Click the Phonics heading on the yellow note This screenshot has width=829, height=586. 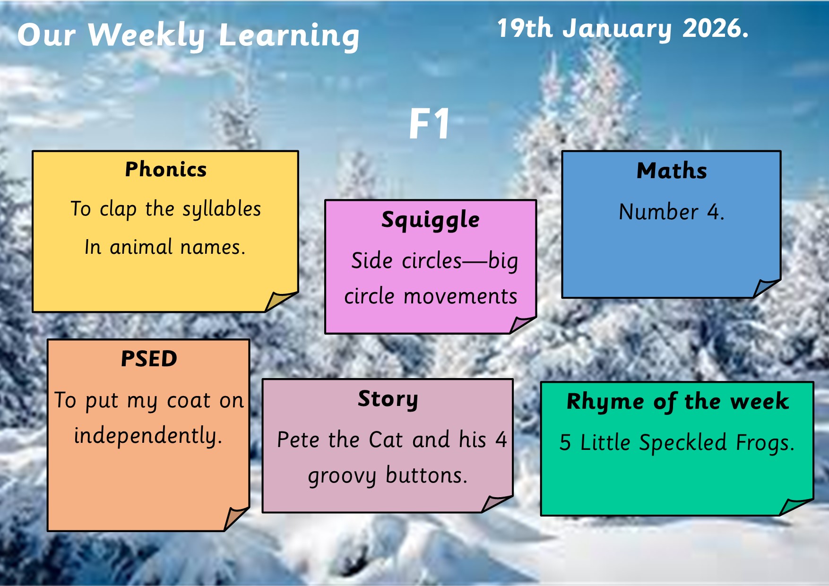(166, 169)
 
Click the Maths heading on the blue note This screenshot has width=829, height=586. (672, 171)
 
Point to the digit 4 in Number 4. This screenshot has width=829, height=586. (713, 212)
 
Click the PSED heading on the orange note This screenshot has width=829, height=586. (149, 359)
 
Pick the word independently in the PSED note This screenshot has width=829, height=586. (148, 436)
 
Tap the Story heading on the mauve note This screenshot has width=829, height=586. (388, 399)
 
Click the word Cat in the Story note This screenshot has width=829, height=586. (386, 439)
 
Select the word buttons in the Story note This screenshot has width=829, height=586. (426, 475)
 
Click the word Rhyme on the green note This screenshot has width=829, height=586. (605, 402)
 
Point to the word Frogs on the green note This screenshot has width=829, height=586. (765, 443)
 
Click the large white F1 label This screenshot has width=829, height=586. (429, 124)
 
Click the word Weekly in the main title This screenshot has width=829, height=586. (147, 35)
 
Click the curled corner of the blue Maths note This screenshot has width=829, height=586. (766, 288)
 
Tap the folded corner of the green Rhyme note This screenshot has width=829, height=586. (795, 507)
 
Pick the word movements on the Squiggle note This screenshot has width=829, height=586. (460, 296)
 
